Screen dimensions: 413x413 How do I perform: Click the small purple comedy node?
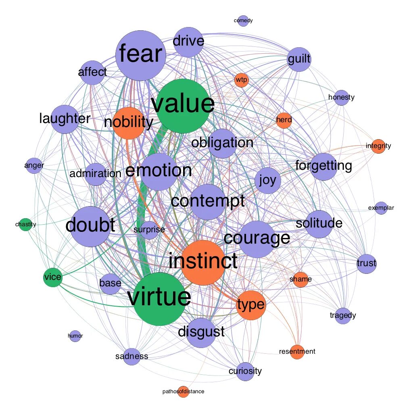(243, 21)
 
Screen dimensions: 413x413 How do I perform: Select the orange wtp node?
(242, 80)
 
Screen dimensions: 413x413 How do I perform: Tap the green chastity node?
(25, 224)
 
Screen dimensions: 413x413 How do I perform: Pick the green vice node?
(52, 277)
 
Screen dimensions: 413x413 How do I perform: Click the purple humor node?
(75, 335)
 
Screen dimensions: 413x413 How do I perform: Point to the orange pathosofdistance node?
(183, 391)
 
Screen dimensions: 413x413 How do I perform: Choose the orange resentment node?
(297, 352)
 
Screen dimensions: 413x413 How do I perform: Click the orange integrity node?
(378, 146)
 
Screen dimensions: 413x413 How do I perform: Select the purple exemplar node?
(381, 208)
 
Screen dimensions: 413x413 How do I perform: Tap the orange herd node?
(284, 120)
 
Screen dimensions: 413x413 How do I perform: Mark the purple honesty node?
(341, 97)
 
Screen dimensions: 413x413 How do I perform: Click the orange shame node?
(300, 279)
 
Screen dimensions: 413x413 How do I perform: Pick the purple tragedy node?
(343, 315)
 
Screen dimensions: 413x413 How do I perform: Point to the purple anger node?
(34, 165)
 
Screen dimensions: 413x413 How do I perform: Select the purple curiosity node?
(245, 371)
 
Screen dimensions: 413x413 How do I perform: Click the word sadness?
(131, 356)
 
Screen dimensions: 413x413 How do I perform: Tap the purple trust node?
(366, 264)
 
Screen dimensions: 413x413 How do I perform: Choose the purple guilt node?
(299, 59)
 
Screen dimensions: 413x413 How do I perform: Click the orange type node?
(251, 305)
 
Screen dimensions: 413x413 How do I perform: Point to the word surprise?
(149, 229)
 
